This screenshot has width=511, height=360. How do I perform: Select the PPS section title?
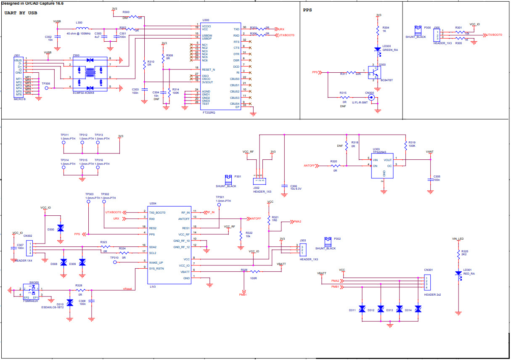tap(307, 10)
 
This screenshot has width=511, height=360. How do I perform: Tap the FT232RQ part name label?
tap(209, 112)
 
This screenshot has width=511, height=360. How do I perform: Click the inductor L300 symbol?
tap(79, 29)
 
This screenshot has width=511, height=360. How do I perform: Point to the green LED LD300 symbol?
tap(378, 49)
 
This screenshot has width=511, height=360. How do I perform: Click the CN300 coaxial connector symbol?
tap(371, 97)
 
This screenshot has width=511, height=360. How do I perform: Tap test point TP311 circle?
tap(64, 143)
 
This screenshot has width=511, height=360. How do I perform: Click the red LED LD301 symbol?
tap(458, 273)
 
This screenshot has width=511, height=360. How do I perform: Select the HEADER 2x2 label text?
tap(433, 294)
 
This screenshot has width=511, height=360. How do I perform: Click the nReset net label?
tap(127, 289)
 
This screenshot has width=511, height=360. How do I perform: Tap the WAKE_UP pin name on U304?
tap(156, 262)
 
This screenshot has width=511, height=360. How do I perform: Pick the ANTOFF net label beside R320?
tap(310, 166)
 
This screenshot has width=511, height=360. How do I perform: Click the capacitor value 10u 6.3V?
tap(297, 188)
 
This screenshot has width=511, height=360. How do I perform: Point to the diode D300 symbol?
tap(60, 228)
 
